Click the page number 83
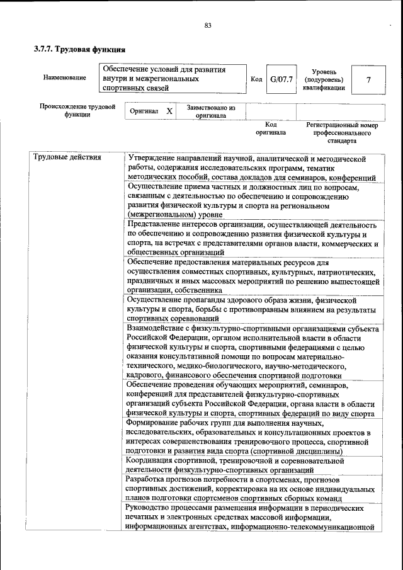[x=207, y=26]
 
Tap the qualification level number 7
[x=368, y=80]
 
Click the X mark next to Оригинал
[x=169, y=111]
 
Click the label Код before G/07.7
[x=256, y=80]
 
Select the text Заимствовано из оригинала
[x=211, y=111]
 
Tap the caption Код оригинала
[x=271, y=128]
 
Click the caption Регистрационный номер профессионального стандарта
[x=342, y=133]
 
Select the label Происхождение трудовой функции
[x=77, y=111]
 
